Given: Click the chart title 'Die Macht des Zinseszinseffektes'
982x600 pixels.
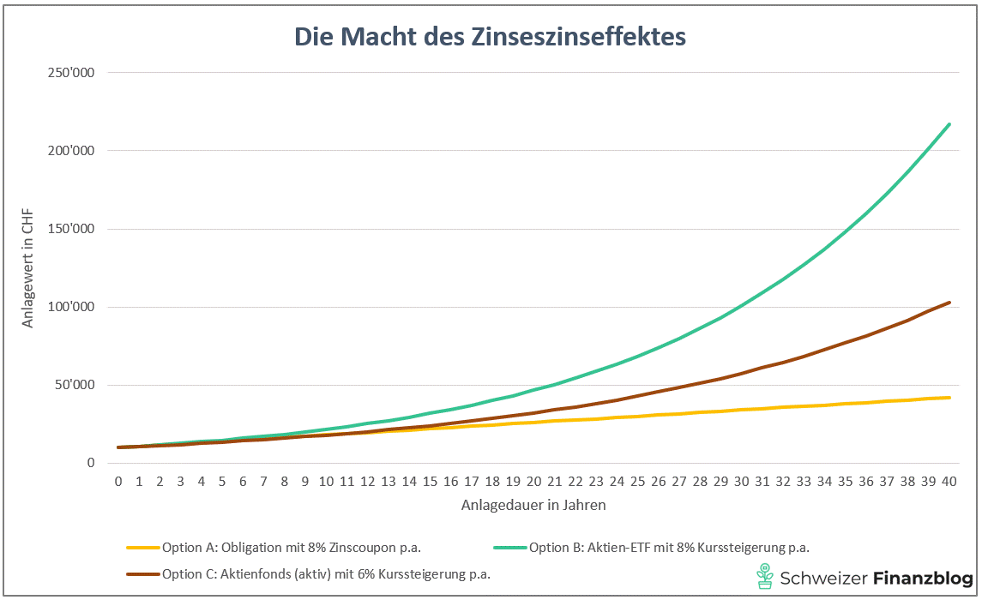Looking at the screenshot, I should [x=491, y=37].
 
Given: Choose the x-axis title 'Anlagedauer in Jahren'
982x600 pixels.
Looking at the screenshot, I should [x=533, y=505].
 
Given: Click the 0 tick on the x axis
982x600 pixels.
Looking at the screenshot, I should [x=118, y=482].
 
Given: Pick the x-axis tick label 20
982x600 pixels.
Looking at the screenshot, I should [x=533, y=482].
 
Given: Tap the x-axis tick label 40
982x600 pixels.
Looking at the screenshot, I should [x=949, y=482].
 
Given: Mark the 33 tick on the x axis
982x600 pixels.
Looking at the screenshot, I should [x=804, y=482].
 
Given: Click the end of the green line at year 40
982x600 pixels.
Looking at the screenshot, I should [x=949, y=124].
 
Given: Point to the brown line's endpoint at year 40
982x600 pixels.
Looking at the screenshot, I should [x=949, y=303].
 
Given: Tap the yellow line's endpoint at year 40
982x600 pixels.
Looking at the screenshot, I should [x=949, y=397].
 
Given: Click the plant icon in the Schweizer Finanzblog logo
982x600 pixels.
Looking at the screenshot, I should [x=763, y=577].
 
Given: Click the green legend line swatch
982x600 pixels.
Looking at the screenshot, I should [x=509, y=547].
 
